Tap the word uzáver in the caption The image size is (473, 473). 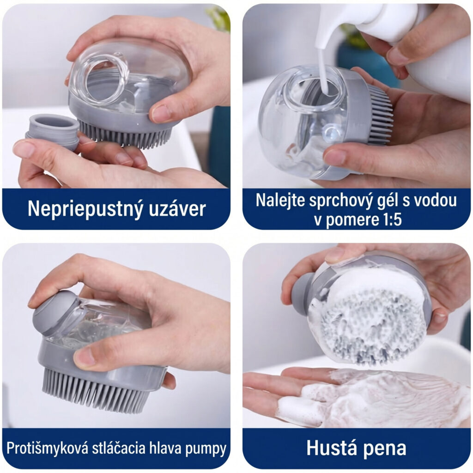click(177, 208)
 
